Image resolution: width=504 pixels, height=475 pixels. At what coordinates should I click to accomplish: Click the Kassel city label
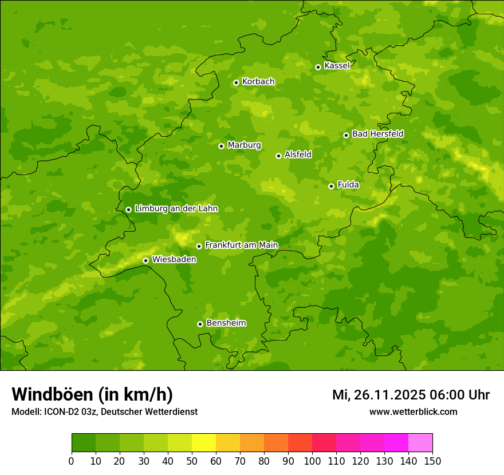pos(337,66)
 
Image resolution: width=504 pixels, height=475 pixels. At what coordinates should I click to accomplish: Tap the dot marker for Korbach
pos(236,82)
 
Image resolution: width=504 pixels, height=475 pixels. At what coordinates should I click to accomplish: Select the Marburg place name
pos(244,145)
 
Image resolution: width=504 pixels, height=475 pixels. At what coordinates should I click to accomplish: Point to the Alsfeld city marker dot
pos(278,156)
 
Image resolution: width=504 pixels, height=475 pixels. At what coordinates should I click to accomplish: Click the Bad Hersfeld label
pos(377,134)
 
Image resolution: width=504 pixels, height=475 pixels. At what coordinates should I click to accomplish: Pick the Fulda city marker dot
pos(331,186)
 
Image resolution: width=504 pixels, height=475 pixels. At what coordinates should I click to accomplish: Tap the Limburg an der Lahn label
pos(176,209)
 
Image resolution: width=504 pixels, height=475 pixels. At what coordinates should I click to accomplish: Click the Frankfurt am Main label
pos(241,246)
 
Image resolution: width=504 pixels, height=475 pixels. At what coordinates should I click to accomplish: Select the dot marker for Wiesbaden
pos(145,260)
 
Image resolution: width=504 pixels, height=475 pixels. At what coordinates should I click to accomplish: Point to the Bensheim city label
pos(226,323)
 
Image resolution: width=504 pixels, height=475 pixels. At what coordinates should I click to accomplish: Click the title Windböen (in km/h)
pos(92,395)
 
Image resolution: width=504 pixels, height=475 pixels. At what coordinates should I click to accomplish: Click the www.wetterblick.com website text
pos(413,412)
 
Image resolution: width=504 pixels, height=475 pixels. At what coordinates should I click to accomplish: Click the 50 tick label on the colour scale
pos(191,461)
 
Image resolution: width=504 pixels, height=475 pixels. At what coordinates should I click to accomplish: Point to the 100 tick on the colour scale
pos(312,461)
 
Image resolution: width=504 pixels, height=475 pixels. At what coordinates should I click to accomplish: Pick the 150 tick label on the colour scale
pos(432,461)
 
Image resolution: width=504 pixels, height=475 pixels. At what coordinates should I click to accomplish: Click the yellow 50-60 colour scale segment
pos(203,443)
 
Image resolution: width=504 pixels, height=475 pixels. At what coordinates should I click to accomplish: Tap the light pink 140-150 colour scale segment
pos(420,443)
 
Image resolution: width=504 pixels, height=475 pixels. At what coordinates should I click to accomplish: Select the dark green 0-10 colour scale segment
pos(84,443)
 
